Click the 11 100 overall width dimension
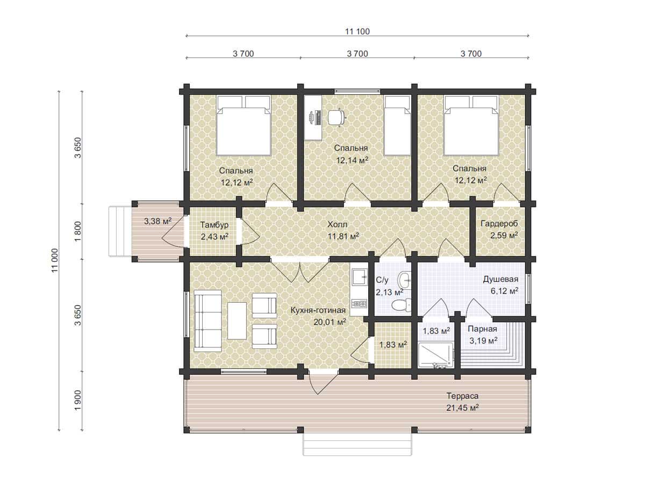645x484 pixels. click(x=357, y=31)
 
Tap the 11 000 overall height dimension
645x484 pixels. click(x=55, y=261)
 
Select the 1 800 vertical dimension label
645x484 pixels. click(x=77, y=231)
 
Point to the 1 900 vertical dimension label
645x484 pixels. click(x=77, y=401)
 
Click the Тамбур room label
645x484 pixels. click(x=214, y=225)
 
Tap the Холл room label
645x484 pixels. click(x=338, y=224)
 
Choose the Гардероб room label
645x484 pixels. click(x=499, y=224)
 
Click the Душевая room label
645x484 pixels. click(x=500, y=279)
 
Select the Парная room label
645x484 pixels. click(x=482, y=329)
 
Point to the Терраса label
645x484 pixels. click(x=463, y=396)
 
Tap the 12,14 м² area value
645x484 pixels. click(x=352, y=160)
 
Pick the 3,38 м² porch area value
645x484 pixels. click(x=157, y=221)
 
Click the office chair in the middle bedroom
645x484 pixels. click(x=336, y=117)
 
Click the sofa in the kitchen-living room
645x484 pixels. click(x=208, y=321)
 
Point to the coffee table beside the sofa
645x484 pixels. click(x=237, y=321)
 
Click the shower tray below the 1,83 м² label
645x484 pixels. click(x=435, y=355)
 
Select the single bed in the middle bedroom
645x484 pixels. click(x=397, y=125)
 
